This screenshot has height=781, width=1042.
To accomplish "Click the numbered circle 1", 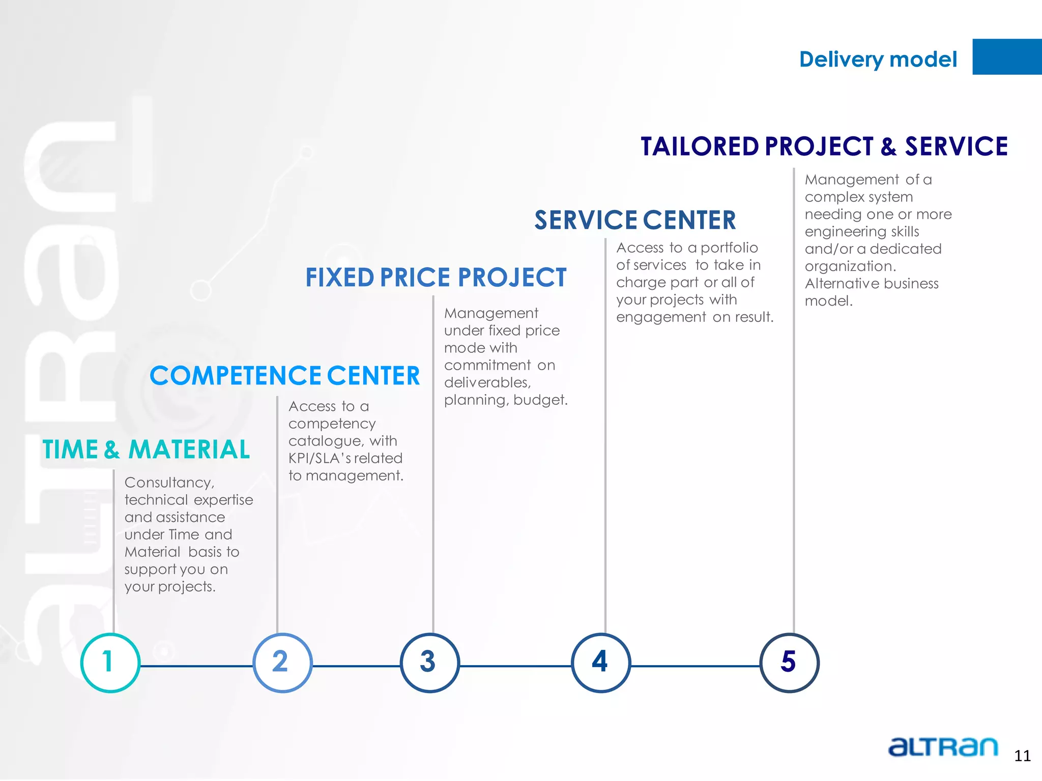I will [x=110, y=663].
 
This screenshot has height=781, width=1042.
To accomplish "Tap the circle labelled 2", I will [x=282, y=663].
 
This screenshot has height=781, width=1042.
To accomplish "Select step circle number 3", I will [x=429, y=663].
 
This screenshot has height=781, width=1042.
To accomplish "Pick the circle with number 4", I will [x=601, y=663].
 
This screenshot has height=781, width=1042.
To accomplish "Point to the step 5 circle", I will [x=789, y=663].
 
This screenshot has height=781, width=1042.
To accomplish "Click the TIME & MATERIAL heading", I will [x=146, y=449].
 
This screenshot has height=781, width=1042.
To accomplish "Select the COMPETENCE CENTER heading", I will [x=284, y=376].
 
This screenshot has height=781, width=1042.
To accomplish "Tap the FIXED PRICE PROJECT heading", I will [x=436, y=278].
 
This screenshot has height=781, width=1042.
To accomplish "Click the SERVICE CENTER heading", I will [x=635, y=220].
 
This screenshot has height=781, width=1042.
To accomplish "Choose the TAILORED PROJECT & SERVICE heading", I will [x=824, y=146].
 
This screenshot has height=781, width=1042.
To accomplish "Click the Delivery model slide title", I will [x=878, y=59].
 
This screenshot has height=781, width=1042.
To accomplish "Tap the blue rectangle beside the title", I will [x=1007, y=57].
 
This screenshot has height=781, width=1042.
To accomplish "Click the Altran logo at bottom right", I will [x=943, y=746].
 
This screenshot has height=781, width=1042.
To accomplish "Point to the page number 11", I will [x=1022, y=756].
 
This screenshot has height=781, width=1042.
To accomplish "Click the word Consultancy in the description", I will [x=169, y=483].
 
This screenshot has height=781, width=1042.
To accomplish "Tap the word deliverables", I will [x=487, y=382].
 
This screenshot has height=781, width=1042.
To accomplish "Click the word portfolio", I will [x=729, y=248].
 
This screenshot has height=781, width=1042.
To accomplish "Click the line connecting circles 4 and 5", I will [x=695, y=666].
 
